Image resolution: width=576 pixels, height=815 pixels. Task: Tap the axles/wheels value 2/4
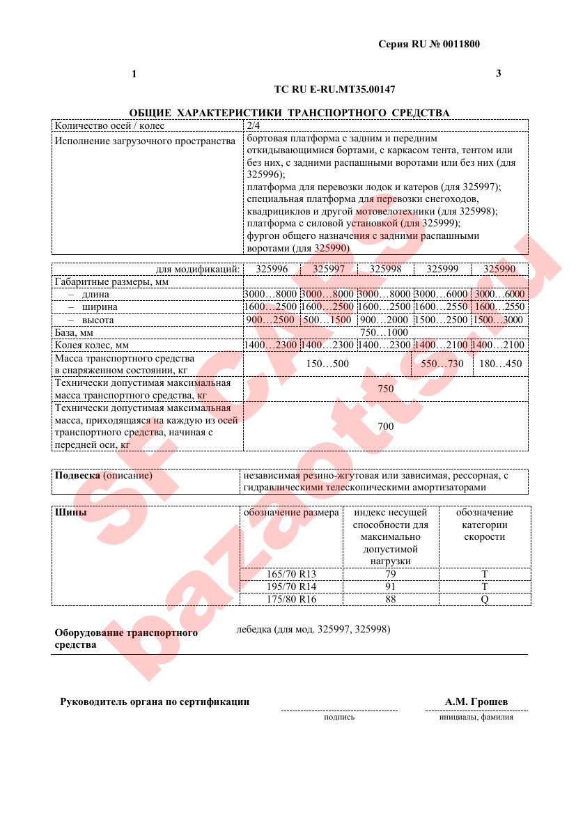pyautogui.click(x=253, y=126)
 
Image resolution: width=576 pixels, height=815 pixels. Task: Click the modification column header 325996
pyautogui.click(x=272, y=269)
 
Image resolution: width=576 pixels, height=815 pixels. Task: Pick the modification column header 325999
pyautogui.click(x=442, y=269)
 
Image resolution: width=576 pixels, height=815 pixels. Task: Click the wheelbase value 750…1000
pyautogui.click(x=385, y=332)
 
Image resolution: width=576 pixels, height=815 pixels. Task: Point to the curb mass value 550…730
pyautogui.click(x=442, y=364)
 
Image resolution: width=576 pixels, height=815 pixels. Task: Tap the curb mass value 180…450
pyautogui.click(x=500, y=364)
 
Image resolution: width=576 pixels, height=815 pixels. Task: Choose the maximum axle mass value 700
pyautogui.click(x=385, y=426)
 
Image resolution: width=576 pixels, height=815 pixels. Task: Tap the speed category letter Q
pyautogui.click(x=484, y=599)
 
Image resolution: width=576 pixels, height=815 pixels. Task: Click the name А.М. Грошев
pyautogui.click(x=476, y=701)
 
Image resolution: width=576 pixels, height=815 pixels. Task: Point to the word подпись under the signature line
pyautogui.click(x=339, y=717)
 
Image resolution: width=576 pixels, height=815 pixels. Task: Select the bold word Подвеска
pyautogui.click(x=77, y=476)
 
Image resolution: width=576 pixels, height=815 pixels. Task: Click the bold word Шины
pyautogui.click(x=70, y=513)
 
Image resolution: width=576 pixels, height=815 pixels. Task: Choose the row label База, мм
pyautogui.click(x=74, y=332)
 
